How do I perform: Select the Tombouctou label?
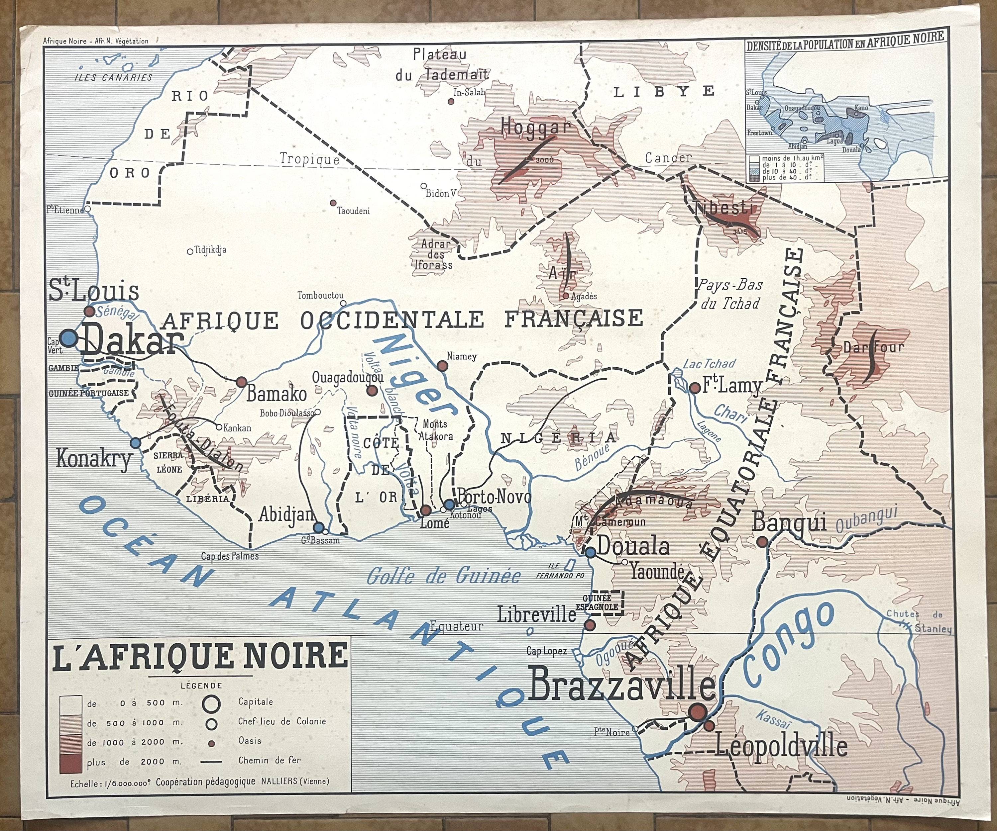click(x=320, y=295)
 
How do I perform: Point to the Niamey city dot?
click(x=442, y=365)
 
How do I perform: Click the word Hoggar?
click(x=535, y=127)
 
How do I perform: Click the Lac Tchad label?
click(x=709, y=364)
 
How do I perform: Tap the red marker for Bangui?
click(x=761, y=541)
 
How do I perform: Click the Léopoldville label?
click(x=781, y=747)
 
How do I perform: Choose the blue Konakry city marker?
click(x=136, y=442)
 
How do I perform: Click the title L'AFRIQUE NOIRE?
click(x=201, y=657)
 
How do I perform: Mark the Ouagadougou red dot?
click(x=371, y=390)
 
